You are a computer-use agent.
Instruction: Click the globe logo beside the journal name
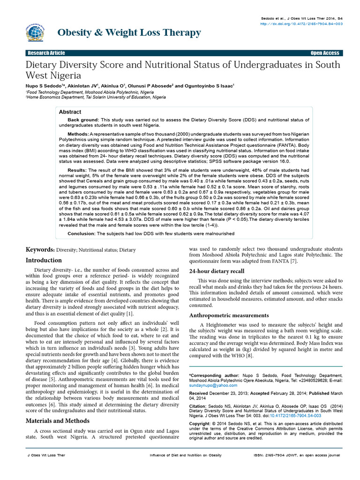tap(35, 32)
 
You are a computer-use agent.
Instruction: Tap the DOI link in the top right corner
tap(301, 23)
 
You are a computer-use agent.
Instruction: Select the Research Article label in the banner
tap(46, 53)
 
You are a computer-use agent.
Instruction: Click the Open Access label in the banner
tap(324, 53)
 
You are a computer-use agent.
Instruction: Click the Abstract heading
tap(70, 112)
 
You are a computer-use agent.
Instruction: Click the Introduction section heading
tap(43, 260)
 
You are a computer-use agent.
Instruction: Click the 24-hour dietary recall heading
tap(217, 271)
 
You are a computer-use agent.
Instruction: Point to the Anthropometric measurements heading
tap(229, 315)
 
